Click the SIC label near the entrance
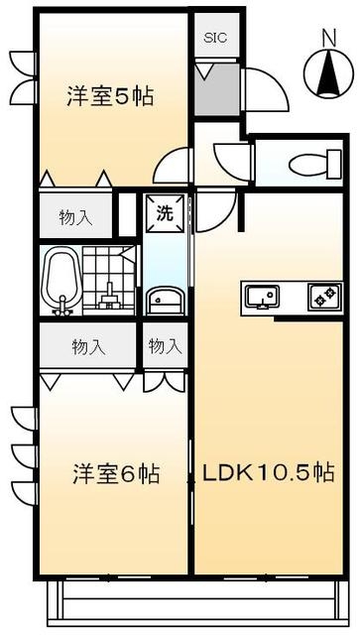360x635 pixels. tap(215, 39)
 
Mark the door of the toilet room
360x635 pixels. tap(233, 159)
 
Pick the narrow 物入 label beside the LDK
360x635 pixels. tap(165, 346)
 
